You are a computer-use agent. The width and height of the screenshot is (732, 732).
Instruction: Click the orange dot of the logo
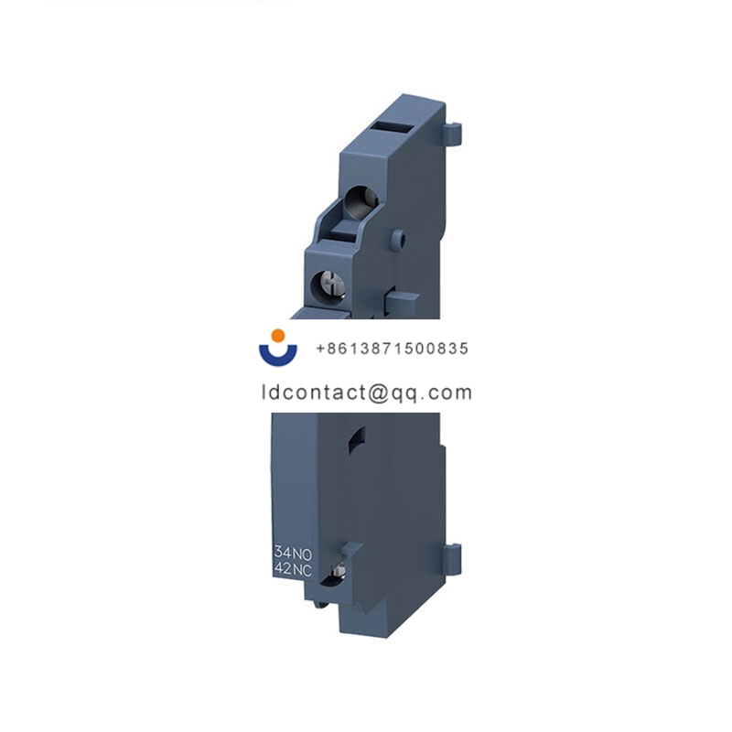(278, 336)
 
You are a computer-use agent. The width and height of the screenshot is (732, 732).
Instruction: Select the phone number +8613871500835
(393, 349)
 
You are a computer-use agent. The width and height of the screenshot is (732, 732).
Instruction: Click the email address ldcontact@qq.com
(367, 393)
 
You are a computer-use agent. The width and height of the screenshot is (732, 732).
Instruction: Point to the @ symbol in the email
(378, 393)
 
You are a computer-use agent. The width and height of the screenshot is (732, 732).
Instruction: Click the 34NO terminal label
(293, 553)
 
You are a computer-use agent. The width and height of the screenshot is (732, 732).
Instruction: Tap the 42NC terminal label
(293, 569)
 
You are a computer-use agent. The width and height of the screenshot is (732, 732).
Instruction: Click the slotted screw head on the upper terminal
(328, 285)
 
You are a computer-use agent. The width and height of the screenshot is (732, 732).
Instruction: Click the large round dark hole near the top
(361, 202)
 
